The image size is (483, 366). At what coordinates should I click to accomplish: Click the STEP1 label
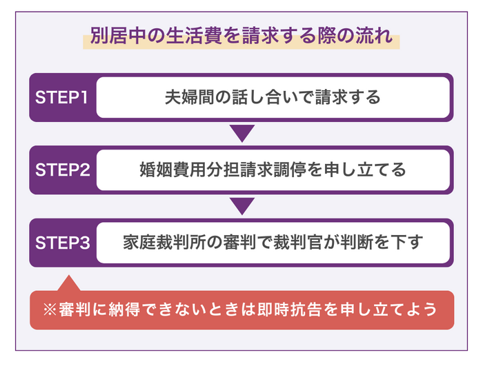click(61, 97)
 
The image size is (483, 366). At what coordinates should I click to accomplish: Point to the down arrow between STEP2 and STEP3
click(242, 205)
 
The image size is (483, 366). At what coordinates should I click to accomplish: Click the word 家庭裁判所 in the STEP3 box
click(158, 243)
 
